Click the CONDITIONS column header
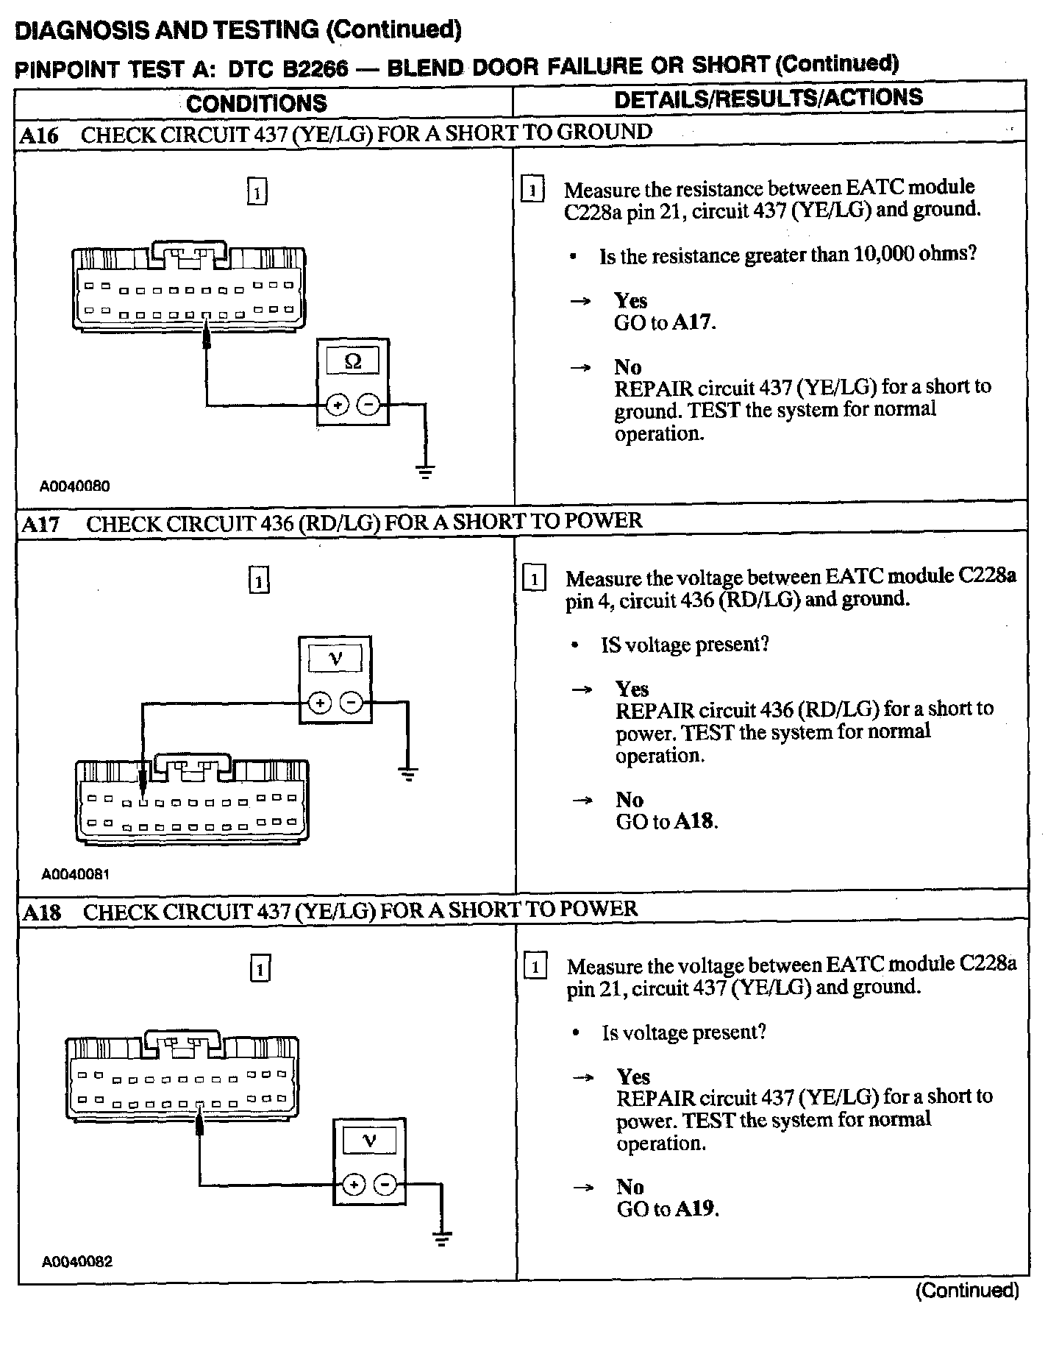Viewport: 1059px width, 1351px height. (x=257, y=103)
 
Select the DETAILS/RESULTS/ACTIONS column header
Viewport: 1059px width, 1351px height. (x=769, y=99)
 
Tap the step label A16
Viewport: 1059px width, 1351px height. (x=40, y=135)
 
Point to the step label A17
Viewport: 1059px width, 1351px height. (x=41, y=524)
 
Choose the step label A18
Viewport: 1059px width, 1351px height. (x=42, y=912)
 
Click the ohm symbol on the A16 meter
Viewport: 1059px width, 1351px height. (x=353, y=361)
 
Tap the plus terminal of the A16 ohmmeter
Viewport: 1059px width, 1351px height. (x=337, y=405)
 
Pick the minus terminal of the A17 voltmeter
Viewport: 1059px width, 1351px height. (x=352, y=703)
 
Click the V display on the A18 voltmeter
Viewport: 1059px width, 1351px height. (x=369, y=1141)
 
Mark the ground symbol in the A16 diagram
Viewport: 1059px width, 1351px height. (x=425, y=472)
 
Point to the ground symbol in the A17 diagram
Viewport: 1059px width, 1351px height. (x=409, y=773)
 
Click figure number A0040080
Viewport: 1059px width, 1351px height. (x=75, y=486)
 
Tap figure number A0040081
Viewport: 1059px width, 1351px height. (x=76, y=874)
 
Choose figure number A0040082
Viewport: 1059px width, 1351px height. (x=77, y=1262)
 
